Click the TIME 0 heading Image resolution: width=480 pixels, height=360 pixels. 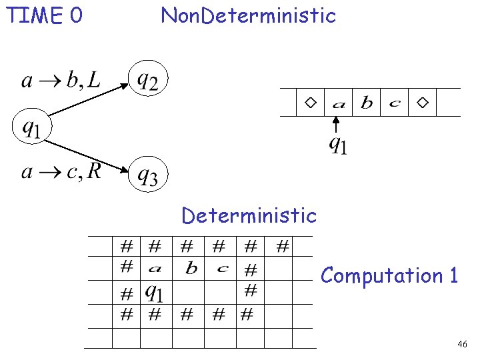click(x=44, y=15)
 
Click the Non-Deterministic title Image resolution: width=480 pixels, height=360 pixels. click(x=248, y=15)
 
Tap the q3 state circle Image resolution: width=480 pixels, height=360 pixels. click(x=147, y=175)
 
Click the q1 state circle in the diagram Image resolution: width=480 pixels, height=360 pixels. click(x=32, y=125)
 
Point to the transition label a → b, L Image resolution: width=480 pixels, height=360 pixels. click(x=61, y=81)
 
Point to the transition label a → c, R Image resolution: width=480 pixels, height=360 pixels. click(x=61, y=172)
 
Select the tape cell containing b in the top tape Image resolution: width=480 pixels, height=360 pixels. click(x=367, y=103)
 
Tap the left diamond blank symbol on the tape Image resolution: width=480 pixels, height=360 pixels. click(x=311, y=103)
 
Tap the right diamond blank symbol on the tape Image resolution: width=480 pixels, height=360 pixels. click(x=423, y=103)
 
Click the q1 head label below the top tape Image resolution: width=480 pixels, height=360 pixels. click(x=338, y=144)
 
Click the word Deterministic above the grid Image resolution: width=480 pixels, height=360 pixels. click(x=249, y=215)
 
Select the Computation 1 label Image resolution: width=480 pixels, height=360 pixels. click(x=389, y=275)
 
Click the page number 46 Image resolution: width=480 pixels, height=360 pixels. click(x=462, y=344)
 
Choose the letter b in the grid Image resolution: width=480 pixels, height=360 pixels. click(x=191, y=269)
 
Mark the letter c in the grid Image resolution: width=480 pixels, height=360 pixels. click(x=223, y=269)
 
